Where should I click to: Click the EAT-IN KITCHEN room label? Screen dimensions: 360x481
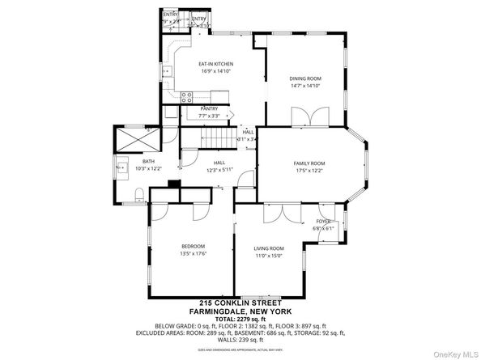pos(216,63)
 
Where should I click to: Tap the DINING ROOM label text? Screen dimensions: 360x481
pos(305,78)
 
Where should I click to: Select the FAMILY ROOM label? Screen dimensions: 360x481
pos(309,163)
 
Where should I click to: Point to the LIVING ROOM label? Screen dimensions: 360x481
pos(269,248)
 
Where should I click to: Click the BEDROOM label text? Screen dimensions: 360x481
pos(193,246)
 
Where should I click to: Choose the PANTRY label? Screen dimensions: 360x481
pos(210,108)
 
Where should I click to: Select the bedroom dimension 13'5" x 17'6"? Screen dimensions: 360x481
pos(193,254)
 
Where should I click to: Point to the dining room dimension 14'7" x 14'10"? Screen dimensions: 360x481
pos(305,86)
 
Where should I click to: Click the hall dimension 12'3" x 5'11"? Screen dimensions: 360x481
pos(219,170)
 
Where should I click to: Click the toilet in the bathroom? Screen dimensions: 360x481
pos(138,193)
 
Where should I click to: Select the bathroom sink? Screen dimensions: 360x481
pos(122,169)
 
